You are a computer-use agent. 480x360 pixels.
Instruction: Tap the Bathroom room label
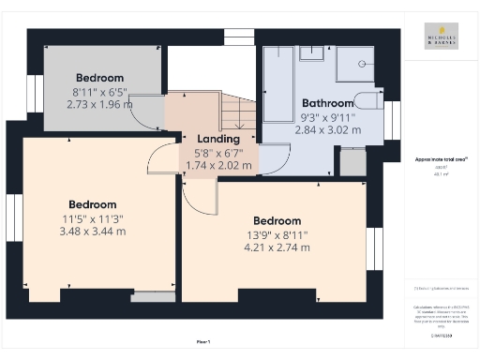pos(327,103)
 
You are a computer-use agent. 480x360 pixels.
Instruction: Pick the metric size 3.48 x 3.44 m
pos(92,231)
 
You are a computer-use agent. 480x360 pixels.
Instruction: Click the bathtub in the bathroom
pos(277,85)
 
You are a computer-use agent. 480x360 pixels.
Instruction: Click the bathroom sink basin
pos(311,52)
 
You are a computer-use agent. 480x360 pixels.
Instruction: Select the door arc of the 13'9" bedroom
pos(199,195)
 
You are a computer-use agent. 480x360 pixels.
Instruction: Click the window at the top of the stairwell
pos(239,37)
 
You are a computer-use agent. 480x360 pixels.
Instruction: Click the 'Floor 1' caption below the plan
pos(203,341)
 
